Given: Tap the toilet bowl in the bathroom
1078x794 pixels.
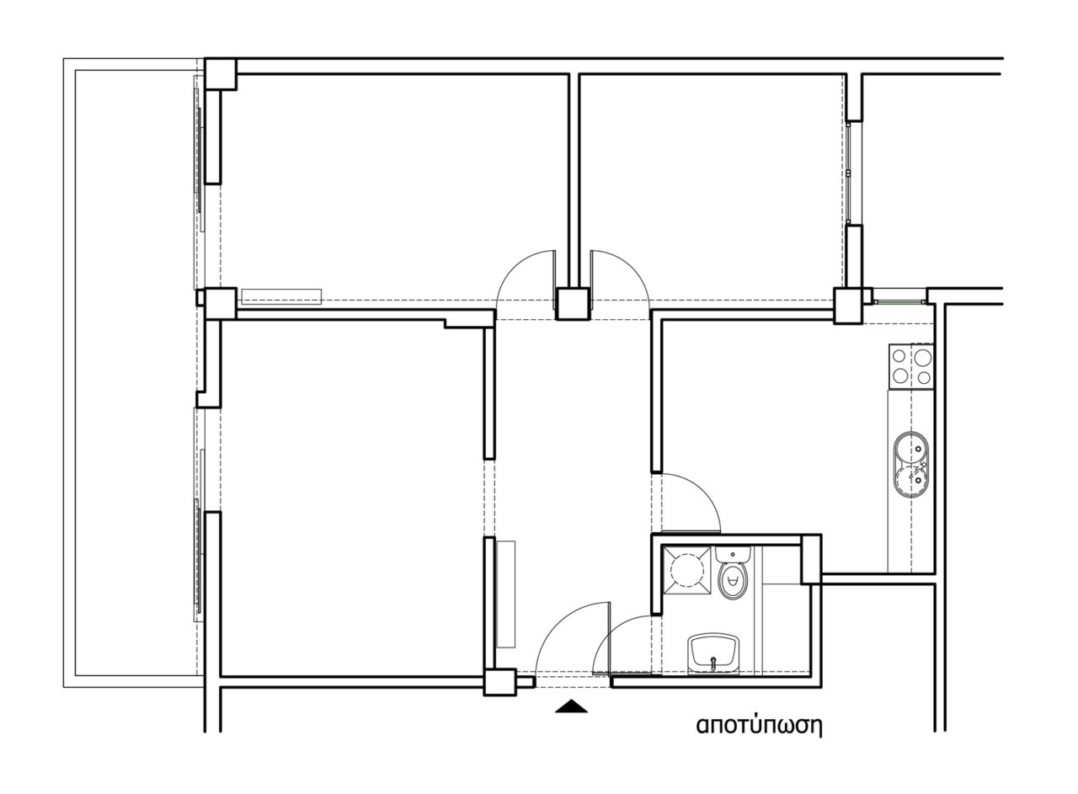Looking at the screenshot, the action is tap(733, 581).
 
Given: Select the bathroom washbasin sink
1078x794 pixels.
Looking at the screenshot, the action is tap(713, 654).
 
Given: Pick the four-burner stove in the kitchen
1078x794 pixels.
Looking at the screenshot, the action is tap(911, 366).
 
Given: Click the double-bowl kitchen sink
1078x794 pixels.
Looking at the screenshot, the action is tap(911, 465).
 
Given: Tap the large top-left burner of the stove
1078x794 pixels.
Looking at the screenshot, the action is tap(899, 357).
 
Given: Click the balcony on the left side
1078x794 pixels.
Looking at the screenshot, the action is tap(134, 373).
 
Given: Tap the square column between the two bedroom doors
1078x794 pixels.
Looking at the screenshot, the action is tap(573, 304).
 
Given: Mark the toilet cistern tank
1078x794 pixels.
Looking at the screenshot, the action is tap(733, 553).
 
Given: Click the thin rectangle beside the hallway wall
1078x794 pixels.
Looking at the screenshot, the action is tap(506, 594).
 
